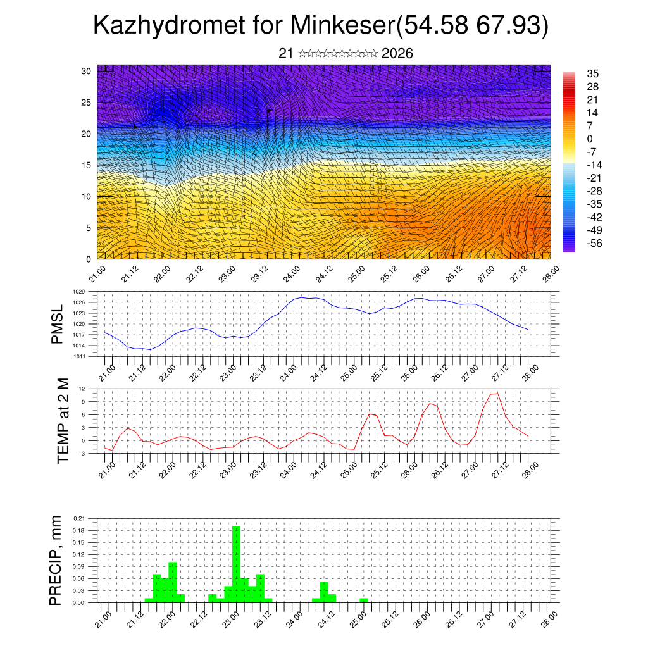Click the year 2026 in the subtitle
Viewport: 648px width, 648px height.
pos(397,54)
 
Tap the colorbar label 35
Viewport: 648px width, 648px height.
pos(593,73)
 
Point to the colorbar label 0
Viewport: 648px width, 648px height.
pos(590,139)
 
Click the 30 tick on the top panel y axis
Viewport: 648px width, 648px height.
pos(86,71)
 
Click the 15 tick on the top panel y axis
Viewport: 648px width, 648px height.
pos(86,165)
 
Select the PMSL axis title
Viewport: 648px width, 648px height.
pos(58,323)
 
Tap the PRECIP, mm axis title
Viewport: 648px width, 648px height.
pos(58,560)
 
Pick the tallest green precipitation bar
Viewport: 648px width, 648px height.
pos(236,563)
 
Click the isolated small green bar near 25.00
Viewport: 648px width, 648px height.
pos(363,600)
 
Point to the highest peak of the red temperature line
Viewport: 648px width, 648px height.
pos(495,393)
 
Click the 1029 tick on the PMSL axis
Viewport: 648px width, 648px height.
pos(78,292)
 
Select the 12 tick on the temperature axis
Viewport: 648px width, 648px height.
pos(82,389)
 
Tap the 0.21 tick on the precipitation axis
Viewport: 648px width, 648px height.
pos(78,518)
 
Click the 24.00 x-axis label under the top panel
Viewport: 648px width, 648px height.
pos(292,277)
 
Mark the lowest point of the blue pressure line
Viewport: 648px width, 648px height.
pos(149,349)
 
